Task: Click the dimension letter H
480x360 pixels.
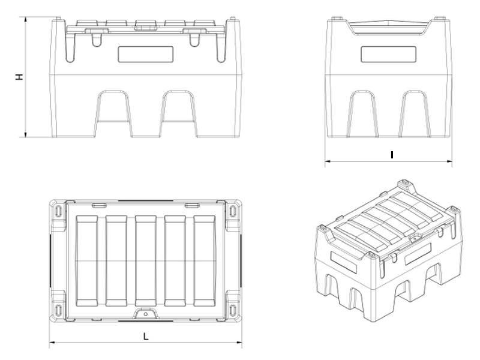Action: pyautogui.click(x=19, y=77)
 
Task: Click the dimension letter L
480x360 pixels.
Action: pyautogui.click(x=146, y=337)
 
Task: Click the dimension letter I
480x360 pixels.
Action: pyautogui.click(x=392, y=155)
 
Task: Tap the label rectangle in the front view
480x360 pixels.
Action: pyautogui.click(x=146, y=55)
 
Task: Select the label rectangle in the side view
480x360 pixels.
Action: pyautogui.click(x=388, y=55)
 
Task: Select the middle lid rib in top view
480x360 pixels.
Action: pyautogui.click(x=146, y=261)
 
